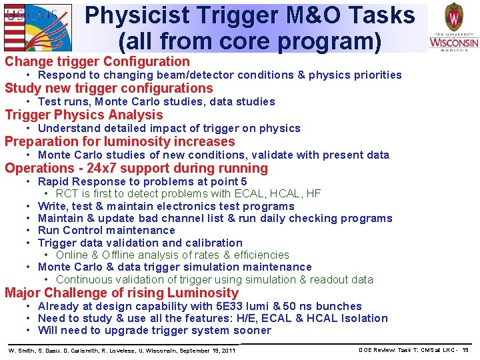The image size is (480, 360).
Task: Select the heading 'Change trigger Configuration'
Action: [97, 62]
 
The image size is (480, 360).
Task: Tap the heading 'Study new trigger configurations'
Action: [109, 89]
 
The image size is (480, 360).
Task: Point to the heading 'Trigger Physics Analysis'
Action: [83, 115]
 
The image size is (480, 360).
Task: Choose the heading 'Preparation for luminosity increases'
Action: [120, 141]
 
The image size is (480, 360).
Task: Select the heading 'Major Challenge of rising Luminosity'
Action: [121, 293]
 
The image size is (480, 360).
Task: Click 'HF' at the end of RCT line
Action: [313, 194]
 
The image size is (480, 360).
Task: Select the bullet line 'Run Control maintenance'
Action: [107, 231]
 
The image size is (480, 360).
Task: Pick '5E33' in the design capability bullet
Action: [228, 307]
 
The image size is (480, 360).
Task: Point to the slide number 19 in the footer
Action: [465, 350]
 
